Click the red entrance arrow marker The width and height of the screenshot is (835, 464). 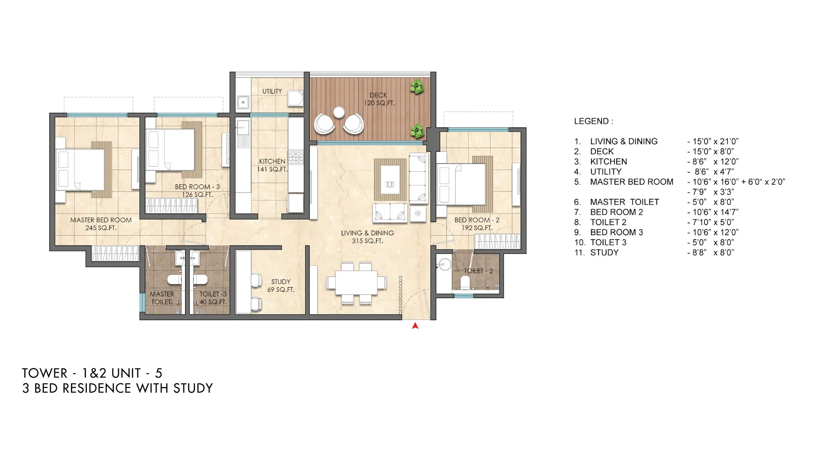tap(415, 326)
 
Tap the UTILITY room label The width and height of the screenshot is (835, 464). tap(272, 91)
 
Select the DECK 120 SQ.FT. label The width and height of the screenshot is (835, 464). tap(379, 99)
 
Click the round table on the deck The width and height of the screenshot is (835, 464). tap(339, 112)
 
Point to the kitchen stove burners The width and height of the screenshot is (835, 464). tap(296, 157)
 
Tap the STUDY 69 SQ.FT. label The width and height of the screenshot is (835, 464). tap(281, 286)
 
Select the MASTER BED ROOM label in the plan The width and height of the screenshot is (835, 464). tap(101, 224)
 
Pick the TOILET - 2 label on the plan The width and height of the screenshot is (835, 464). tap(478, 271)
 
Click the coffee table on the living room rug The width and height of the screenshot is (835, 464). tap(390, 180)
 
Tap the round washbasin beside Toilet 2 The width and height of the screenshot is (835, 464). tap(444, 264)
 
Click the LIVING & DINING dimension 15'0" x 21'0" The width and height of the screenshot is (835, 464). tap(713, 142)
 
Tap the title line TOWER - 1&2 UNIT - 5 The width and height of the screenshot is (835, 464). tap(92, 373)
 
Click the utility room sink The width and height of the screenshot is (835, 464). tap(243, 102)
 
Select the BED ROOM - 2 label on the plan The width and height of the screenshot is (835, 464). tap(477, 224)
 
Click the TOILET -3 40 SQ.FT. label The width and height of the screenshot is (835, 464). tap(213, 298)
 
